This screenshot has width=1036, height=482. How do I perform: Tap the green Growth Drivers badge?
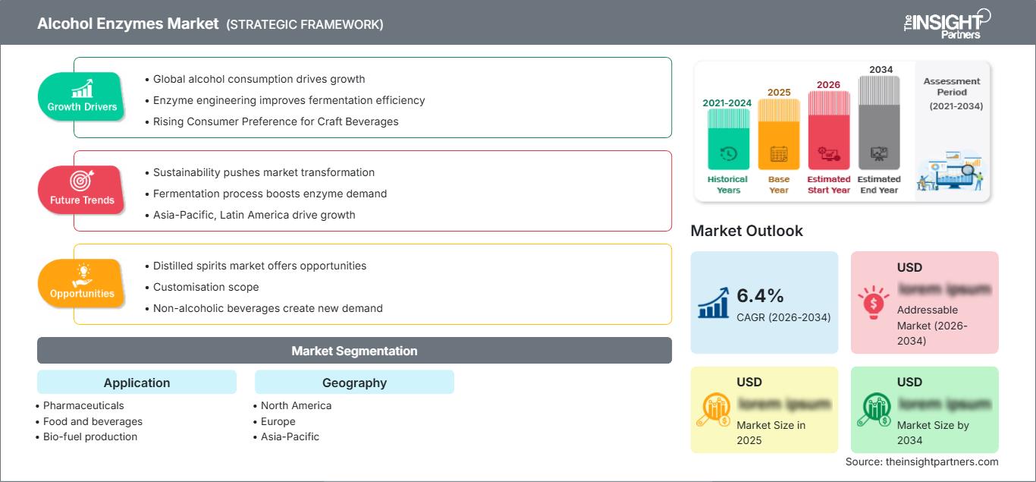tap(82, 97)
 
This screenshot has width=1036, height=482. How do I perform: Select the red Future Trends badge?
tap(82, 191)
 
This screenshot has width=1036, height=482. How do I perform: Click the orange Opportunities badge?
tap(82, 284)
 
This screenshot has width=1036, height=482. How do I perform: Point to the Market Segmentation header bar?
tap(354, 351)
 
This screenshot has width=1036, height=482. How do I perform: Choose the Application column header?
tap(137, 383)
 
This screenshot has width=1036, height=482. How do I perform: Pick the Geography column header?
tap(354, 383)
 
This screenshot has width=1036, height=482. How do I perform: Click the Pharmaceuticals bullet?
tap(83, 405)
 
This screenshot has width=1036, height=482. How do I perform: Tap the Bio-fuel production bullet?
tap(90, 436)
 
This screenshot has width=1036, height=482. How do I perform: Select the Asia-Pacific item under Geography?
tap(290, 436)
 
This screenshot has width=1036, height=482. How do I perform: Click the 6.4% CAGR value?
tap(761, 295)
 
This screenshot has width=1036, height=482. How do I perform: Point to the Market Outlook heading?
tap(746, 231)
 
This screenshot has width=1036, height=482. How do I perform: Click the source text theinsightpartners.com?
tap(921, 462)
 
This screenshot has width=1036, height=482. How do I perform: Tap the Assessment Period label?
tap(952, 87)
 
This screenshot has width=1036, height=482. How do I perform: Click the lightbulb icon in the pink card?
tap(873, 301)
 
